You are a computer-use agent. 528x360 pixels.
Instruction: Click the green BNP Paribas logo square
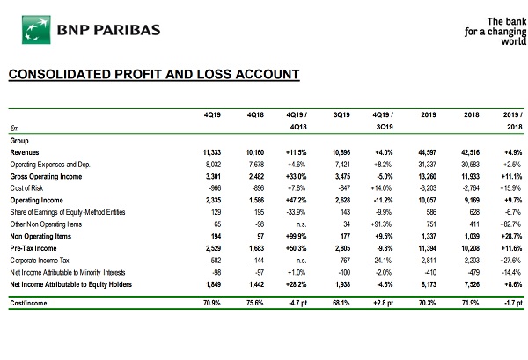coord(36,30)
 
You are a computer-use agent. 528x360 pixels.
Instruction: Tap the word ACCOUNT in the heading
coord(268,74)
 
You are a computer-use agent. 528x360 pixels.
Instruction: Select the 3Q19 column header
coord(341,114)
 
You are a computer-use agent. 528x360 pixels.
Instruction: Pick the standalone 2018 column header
coord(471,114)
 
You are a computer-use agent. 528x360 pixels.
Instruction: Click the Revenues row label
coord(25,152)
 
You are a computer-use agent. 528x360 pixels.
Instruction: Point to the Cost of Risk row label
coord(26,187)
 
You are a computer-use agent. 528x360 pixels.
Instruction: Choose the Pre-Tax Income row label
coord(33,248)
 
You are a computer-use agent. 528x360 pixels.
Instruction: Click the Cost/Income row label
coord(28,303)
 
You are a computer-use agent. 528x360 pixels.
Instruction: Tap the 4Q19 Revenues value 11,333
coord(212,152)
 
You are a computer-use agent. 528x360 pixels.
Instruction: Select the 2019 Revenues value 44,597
coord(428,152)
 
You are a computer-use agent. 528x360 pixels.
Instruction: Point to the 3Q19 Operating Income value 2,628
coord(343,200)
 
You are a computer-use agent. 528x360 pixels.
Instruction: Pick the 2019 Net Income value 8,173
coord(429,284)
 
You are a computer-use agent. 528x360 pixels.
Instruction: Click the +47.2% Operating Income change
coord(297,200)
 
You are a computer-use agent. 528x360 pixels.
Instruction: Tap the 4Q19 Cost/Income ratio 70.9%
coord(212,303)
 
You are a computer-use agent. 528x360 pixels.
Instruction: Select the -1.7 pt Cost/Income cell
coord(514,303)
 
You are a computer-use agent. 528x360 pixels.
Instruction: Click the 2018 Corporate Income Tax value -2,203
coord(471,261)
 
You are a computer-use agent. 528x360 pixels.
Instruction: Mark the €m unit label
coord(14,128)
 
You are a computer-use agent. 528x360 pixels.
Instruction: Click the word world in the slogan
coord(514,41)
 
